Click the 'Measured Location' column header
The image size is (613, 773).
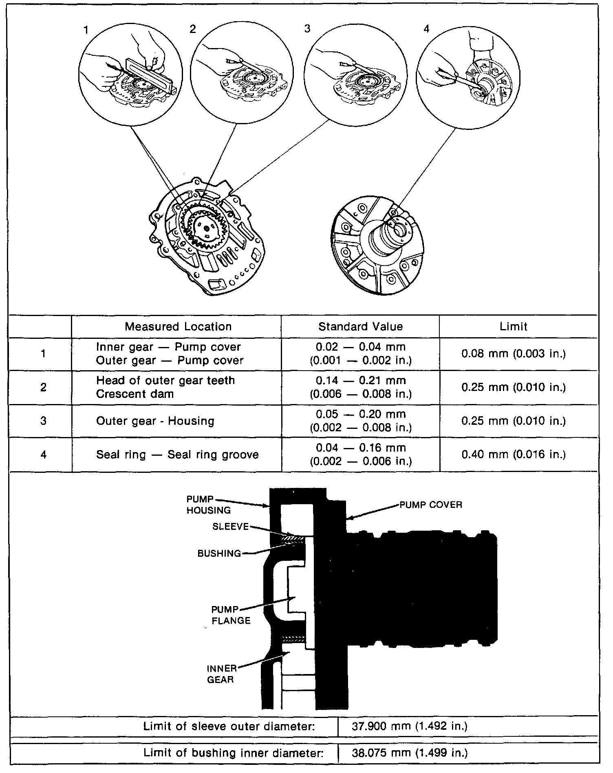tap(178, 327)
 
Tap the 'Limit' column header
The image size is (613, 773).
tap(514, 327)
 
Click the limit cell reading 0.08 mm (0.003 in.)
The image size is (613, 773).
tap(514, 354)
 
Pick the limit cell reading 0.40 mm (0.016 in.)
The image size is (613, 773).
tap(514, 454)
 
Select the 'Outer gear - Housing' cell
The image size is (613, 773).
tap(155, 421)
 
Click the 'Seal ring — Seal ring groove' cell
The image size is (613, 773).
tap(177, 455)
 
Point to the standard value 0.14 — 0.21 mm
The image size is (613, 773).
tap(361, 381)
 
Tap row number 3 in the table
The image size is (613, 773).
tap(44, 421)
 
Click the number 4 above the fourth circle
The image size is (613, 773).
tap(426, 30)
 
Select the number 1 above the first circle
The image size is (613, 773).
tap(86, 30)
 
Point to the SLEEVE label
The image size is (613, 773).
tap(230, 527)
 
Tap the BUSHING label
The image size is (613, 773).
tap(219, 553)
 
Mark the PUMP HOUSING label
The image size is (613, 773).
tap(208, 505)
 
